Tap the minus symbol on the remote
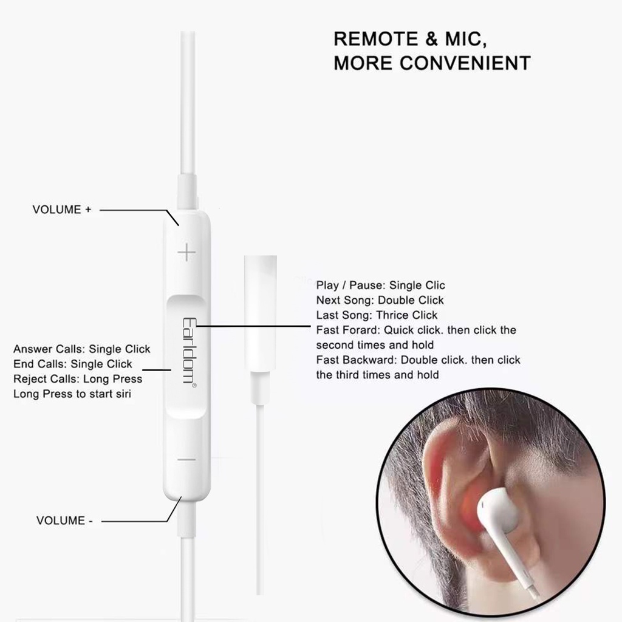(186, 459)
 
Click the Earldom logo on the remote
(187, 350)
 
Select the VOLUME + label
(61, 210)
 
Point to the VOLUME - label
(64, 521)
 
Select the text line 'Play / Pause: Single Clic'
(380, 285)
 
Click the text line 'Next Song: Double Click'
(380, 300)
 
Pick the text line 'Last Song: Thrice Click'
(377, 315)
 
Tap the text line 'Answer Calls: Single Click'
(81, 349)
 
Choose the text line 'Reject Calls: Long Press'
(78, 379)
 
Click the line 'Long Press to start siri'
(72, 394)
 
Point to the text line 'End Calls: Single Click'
(72, 364)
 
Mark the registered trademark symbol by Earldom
(194, 387)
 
